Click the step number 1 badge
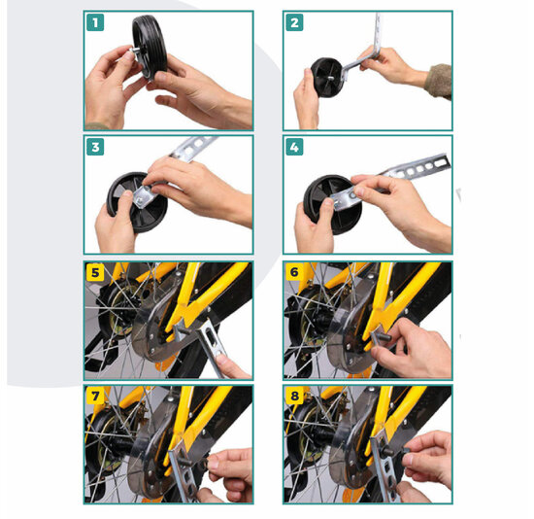click(95, 23)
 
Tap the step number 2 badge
click(294, 23)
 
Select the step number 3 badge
click(95, 147)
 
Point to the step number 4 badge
click(294, 147)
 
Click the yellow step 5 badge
click(95, 272)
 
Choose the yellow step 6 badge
click(294, 272)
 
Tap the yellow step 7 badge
click(95, 396)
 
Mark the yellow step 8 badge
click(294, 396)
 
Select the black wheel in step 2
click(327, 78)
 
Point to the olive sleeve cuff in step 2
click(439, 82)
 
